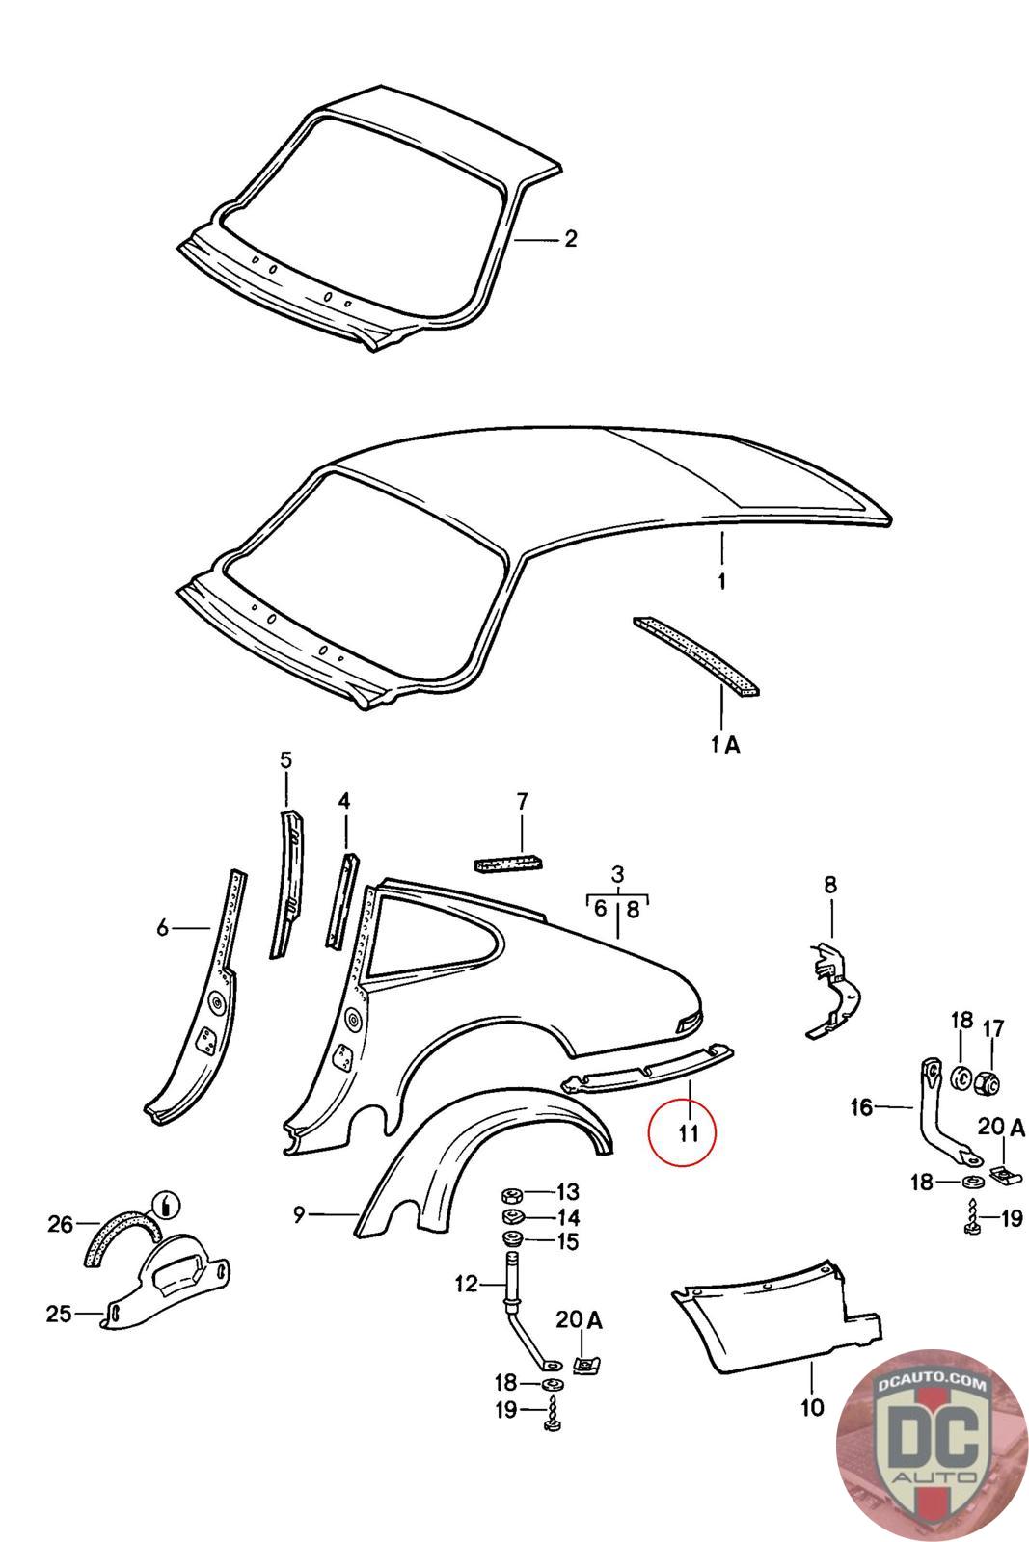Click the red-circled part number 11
click(687, 1132)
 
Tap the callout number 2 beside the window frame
click(570, 238)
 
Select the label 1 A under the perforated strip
click(725, 744)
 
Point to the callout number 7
click(522, 801)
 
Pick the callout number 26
click(61, 1224)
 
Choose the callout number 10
click(812, 1408)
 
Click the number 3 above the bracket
click(617, 875)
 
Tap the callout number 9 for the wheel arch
click(299, 1214)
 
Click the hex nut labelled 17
click(988, 1083)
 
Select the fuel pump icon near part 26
click(167, 1204)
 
